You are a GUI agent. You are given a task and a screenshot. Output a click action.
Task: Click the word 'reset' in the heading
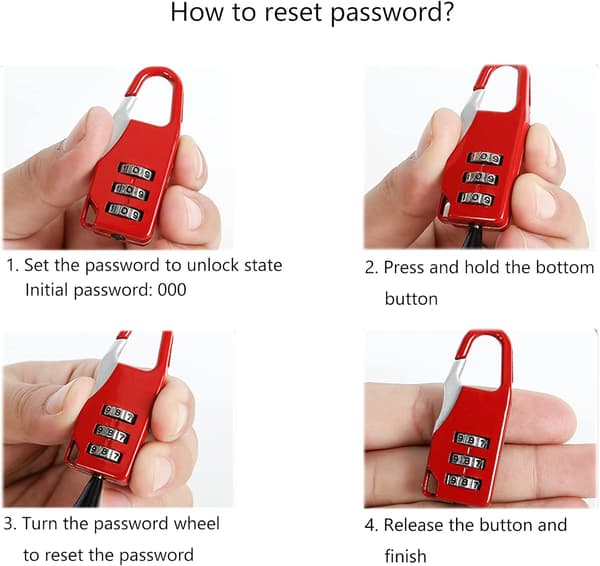pos(293,12)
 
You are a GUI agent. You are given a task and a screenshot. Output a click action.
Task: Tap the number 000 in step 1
pos(172,290)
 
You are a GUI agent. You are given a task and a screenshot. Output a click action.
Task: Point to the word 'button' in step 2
pos(411,299)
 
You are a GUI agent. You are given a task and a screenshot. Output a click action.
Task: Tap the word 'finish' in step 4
pos(405,555)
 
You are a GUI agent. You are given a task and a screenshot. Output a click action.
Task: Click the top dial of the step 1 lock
pos(136,171)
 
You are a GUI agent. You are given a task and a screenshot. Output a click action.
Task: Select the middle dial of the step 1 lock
pos(130,191)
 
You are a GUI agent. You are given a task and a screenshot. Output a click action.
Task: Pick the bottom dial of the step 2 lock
pos(476,198)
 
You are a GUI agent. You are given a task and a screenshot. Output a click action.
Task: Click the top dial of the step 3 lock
pos(120,413)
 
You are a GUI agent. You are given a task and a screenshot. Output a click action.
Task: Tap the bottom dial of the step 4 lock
pos(464,481)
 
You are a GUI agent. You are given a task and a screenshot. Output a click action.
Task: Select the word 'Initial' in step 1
pos(46,290)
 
